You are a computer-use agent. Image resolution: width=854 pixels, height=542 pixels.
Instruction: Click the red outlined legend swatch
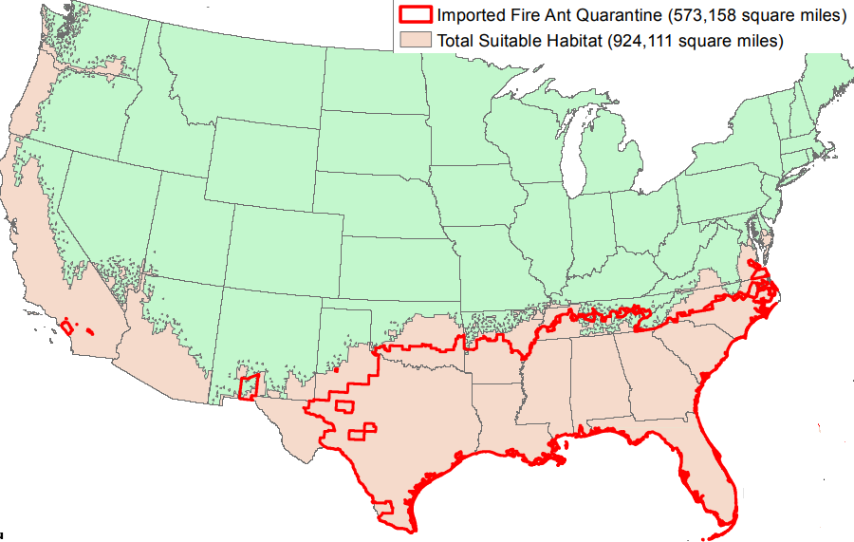pos(416,16)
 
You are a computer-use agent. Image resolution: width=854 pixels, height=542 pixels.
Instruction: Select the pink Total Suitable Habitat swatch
pos(416,40)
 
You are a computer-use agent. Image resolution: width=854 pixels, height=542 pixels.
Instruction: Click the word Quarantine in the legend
pos(616,16)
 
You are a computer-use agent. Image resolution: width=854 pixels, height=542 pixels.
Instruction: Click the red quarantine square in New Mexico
pos(249,387)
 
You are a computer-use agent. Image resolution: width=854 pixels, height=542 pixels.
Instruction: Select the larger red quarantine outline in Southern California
pos(67,327)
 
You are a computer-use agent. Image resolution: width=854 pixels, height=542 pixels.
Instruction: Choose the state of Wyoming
pos(260,166)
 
